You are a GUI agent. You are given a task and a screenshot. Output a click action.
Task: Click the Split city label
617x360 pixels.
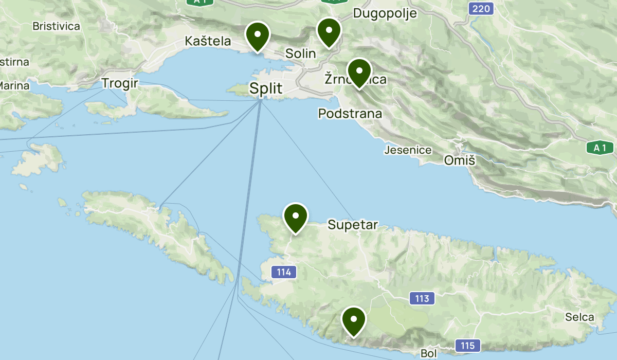266,88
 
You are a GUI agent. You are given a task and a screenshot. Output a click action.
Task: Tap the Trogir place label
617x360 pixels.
120,83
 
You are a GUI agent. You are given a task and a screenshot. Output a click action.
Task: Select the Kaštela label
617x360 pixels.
208,41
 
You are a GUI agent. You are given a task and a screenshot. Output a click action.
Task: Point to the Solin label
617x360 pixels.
300,52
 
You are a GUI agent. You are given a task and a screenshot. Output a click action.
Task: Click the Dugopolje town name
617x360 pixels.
385,13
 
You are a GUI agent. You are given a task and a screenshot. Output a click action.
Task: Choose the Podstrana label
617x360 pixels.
350,113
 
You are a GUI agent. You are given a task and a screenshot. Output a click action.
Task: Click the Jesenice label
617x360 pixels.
408,150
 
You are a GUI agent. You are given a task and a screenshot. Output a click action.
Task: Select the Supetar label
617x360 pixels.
353,225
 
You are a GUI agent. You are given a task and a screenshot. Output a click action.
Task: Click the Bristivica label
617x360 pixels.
56,26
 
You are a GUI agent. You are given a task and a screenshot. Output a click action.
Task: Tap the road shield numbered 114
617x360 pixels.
284,272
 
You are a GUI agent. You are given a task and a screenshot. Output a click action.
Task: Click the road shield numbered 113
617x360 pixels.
422,298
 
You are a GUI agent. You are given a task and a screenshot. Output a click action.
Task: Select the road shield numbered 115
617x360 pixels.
467,346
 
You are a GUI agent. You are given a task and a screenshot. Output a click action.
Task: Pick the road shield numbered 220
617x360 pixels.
481,8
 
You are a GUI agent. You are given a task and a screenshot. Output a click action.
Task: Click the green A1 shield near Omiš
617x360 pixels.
600,148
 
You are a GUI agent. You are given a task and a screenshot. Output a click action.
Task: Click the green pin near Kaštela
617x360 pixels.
258,36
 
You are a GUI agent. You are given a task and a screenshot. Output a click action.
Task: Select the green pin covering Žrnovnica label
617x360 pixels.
359,73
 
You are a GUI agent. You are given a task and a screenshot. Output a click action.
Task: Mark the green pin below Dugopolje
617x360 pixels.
329,32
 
